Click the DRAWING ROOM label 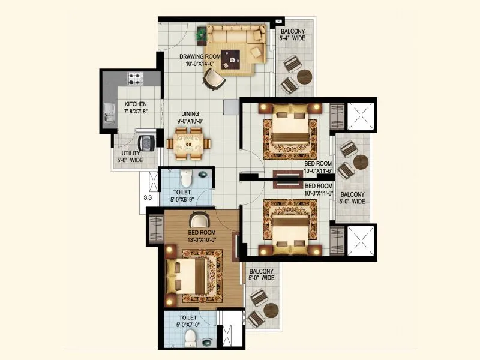click(200, 56)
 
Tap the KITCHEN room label click(136, 104)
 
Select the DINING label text click(191, 113)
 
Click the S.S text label click(148, 197)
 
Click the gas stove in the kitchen click(135, 78)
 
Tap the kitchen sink click(109, 112)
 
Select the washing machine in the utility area click(145, 143)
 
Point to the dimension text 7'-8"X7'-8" click(136, 112)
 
